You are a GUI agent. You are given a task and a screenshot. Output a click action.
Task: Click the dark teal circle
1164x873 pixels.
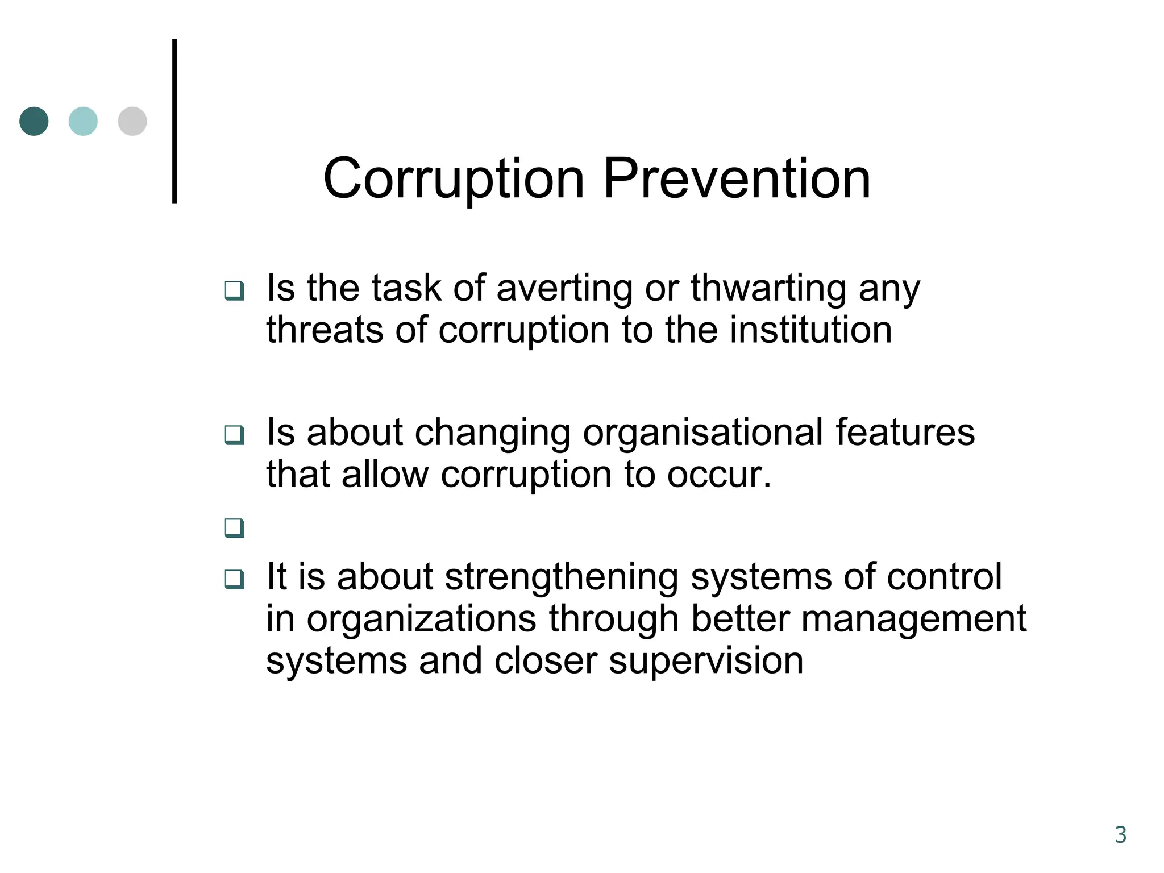[34, 121]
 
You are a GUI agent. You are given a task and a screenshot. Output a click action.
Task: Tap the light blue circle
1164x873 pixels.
[83, 121]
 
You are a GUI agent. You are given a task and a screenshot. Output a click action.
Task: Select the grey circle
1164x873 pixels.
[132, 121]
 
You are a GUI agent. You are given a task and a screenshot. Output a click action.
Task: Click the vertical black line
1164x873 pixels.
[174, 121]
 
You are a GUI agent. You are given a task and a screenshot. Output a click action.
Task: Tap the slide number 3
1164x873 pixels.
[1120, 835]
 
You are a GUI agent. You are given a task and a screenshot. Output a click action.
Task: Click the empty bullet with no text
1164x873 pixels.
[234, 528]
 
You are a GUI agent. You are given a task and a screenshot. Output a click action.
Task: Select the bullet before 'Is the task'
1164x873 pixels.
[234, 290]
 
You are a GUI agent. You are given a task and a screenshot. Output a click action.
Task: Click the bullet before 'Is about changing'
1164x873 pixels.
[234, 435]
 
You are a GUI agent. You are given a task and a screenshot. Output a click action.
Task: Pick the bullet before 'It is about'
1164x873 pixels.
[234, 579]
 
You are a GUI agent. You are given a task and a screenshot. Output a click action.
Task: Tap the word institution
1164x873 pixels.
[810, 330]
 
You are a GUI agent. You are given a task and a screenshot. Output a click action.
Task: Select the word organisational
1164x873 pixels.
[703, 433]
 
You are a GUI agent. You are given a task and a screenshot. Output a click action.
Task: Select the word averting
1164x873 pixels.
[564, 289]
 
